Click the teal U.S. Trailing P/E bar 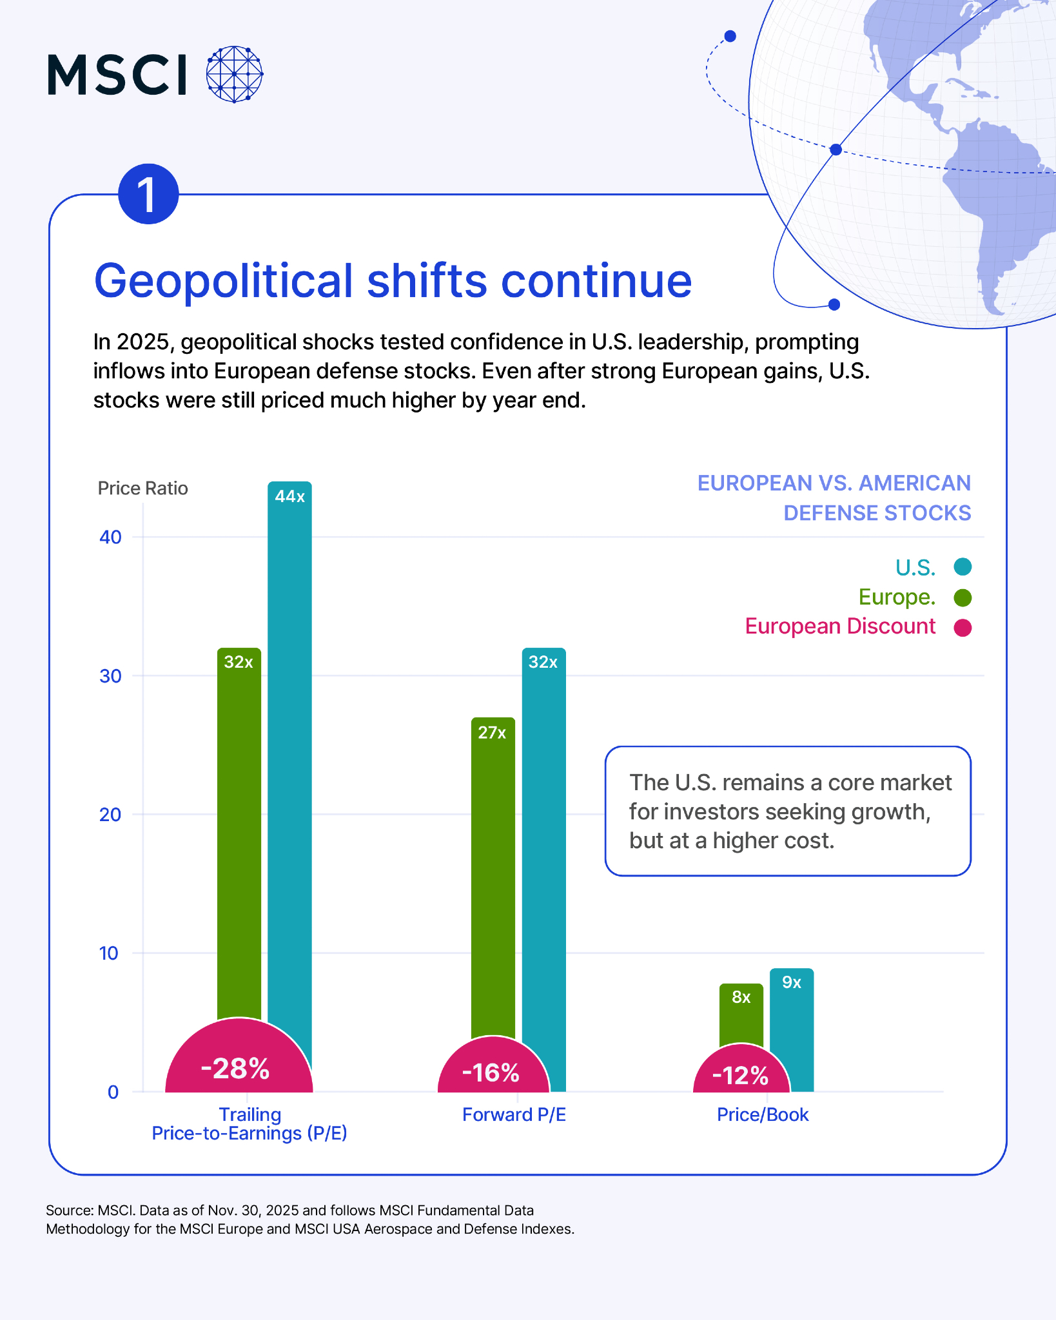pos(289,773)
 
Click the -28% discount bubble pos(239,1063)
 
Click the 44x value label pos(289,496)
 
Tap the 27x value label pos(492,733)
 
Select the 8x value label pos(741,998)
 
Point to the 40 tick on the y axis pos(111,537)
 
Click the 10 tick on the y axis pos(110,953)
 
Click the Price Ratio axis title pos(142,489)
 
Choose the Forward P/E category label pos(514,1115)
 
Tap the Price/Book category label pos(763,1115)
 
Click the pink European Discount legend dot pos(963,628)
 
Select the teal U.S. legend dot pos(963,567)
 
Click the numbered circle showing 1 pos(148,194)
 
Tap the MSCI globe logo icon pos(235,74)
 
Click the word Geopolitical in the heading pos(224,281)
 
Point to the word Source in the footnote pos(69,1210)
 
